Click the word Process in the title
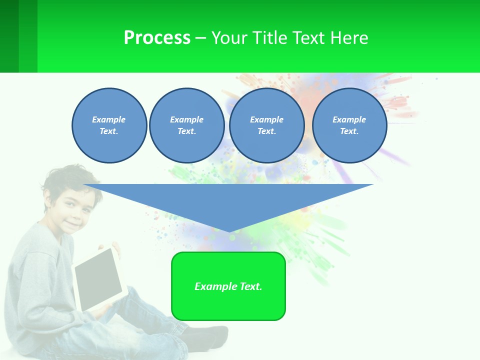pos(157,38)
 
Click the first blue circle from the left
pos(109,125)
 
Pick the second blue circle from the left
pos(186,125)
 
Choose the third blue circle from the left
pos(266,125)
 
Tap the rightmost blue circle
pos(349,125)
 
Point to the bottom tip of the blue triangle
pos(229,231)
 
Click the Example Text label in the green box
pos(228,286)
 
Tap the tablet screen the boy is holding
pos(98,278)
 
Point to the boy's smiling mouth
pos(73,224)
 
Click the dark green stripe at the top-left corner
pos(9,36)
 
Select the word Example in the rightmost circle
pos(349,119)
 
